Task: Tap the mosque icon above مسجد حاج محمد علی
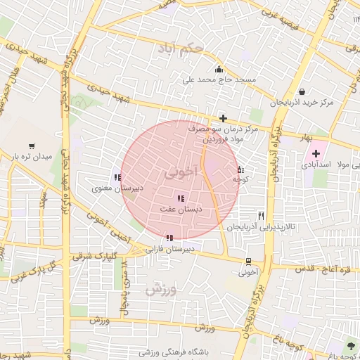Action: (x=219, y=69)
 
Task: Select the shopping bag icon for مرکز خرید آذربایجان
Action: (x=302, y=91)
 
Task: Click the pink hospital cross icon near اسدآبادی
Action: (x=316, y=153)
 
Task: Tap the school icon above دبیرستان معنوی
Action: (x=116, y=178)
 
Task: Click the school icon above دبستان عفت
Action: (x=180, y=199)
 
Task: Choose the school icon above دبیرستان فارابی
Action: (x=169, y=238)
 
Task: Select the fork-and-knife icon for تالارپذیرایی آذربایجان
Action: (x=262, y=216)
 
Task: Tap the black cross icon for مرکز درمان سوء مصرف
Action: (x=224, y=118)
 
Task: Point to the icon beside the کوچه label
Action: (x=240, y=169)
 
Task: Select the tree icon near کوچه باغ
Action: (x=351, y=345)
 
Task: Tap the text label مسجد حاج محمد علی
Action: (x=219, y=81)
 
